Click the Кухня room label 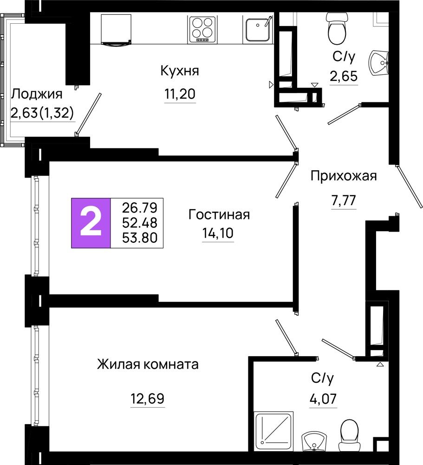[180, 71]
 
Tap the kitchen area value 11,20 [180, 94]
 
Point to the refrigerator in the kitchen [116, 29]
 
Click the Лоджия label [37, 94]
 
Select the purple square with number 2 [91, 223]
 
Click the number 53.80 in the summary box [140, 238]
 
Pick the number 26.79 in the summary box [140, 208]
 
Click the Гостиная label [219, 214]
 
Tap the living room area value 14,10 [218, 233]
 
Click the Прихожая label [344, 176]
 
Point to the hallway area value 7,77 [344, 200]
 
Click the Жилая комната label [148, 365]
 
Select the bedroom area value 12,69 [148, 399]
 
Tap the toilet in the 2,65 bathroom [337, 28]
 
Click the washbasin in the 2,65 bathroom [379, 63]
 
